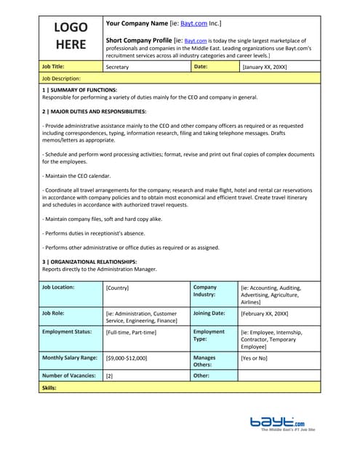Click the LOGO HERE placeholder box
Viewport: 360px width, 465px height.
point(71,36)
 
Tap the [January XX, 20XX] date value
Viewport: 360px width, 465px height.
point(265,67)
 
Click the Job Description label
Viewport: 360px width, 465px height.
point(61,78)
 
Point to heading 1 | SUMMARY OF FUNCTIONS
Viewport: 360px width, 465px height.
point(79,89)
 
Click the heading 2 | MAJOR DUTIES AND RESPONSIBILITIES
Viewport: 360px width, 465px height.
point(94,111)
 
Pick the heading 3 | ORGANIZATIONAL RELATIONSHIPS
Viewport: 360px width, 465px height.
point(89,262)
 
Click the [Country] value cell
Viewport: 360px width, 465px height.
point(117,288)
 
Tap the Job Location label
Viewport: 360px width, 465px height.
point(58,287)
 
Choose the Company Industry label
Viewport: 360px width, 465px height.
point(205,291)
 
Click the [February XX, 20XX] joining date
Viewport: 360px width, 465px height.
point(265,313)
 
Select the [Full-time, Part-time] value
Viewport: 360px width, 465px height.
point(131,332)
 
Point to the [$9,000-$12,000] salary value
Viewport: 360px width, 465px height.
point(127,357)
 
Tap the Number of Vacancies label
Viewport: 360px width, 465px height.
point(69,376)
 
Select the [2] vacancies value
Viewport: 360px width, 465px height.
point(109,376)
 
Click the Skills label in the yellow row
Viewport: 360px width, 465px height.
point(49,388)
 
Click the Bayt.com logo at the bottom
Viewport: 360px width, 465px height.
point(278,422)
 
